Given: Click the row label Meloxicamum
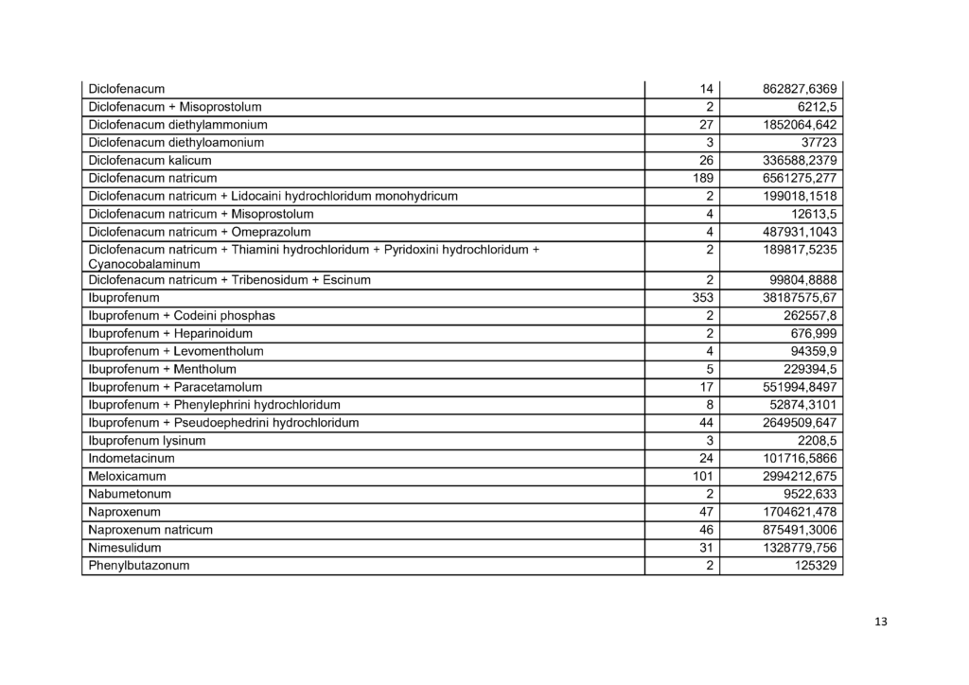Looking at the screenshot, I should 127,476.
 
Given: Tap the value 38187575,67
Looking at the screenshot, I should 800,298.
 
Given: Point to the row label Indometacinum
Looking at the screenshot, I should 131,459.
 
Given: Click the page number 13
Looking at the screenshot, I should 882,622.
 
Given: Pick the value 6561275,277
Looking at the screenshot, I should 800,178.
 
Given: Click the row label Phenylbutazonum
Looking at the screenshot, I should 138,566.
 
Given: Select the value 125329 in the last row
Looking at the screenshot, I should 815,566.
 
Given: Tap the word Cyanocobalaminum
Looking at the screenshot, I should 144,264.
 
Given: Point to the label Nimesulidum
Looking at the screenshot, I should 124,548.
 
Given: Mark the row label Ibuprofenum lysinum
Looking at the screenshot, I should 147,441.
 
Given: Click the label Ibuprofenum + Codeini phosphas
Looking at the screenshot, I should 182,315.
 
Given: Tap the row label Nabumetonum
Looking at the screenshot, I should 130,494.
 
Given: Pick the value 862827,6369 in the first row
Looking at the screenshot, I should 800,89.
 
